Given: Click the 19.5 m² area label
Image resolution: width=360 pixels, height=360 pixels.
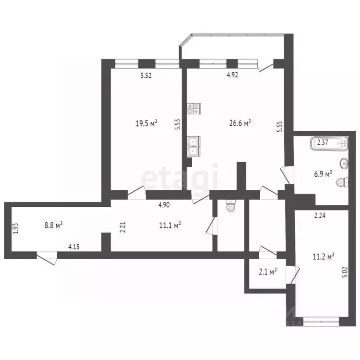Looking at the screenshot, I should click(146, 123).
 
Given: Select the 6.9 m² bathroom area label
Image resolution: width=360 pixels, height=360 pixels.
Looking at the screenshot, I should click(322, 173).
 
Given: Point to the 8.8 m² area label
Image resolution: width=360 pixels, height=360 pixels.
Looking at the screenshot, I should click(53, 225).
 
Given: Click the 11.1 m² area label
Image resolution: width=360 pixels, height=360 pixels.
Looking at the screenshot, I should click(170, 225).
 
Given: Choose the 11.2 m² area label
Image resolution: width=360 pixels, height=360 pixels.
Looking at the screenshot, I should click(323, 256).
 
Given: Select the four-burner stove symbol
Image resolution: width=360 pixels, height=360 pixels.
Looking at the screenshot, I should click(194, 109).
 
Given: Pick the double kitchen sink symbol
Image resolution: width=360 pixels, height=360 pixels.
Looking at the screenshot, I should click(193, 145).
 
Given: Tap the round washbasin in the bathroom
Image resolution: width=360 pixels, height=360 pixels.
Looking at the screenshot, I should click(344, 164).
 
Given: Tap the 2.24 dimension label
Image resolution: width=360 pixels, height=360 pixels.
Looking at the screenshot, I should click(320, 216).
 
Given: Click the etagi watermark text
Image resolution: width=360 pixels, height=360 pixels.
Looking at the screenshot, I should click(180, 179).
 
